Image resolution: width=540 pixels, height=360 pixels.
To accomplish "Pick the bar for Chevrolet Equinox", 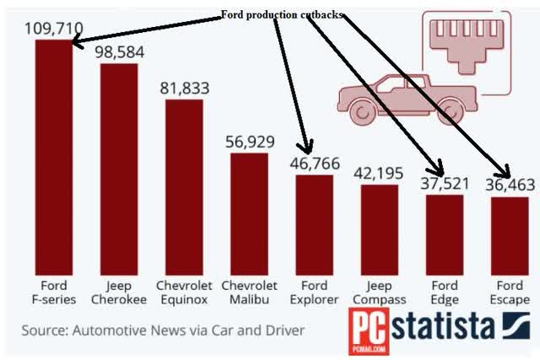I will point(184,185).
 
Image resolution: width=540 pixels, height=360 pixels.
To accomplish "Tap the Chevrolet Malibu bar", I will point(249,212).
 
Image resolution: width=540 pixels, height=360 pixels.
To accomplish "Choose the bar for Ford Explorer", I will point(314,223).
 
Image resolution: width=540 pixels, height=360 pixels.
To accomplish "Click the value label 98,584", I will point(119,52).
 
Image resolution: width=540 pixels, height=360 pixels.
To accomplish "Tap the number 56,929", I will point(250,142).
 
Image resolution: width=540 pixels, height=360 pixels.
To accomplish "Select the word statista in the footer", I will point(438,326).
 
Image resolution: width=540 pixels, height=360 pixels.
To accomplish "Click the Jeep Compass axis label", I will point(379,293).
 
